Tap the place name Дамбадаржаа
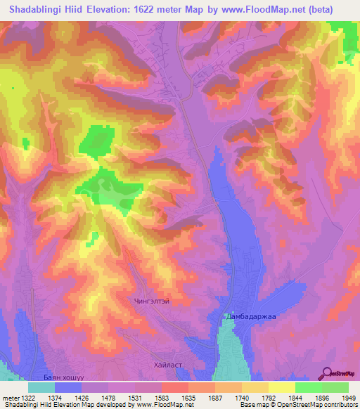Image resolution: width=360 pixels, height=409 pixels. coord(252,318)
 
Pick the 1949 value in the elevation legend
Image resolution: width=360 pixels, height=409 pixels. coord(349,398)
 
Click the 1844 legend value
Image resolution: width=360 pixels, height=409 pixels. coord(296,398)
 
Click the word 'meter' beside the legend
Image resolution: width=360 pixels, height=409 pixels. coord(9,398)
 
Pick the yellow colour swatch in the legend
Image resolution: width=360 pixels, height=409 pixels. coord(282,387)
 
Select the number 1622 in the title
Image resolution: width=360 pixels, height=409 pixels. coord(160,9)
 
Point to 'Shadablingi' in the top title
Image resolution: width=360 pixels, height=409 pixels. coord(37,9)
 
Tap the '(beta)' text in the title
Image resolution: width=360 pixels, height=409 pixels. coord(335,9)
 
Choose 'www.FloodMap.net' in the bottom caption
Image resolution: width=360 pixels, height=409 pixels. coord(162,405)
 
